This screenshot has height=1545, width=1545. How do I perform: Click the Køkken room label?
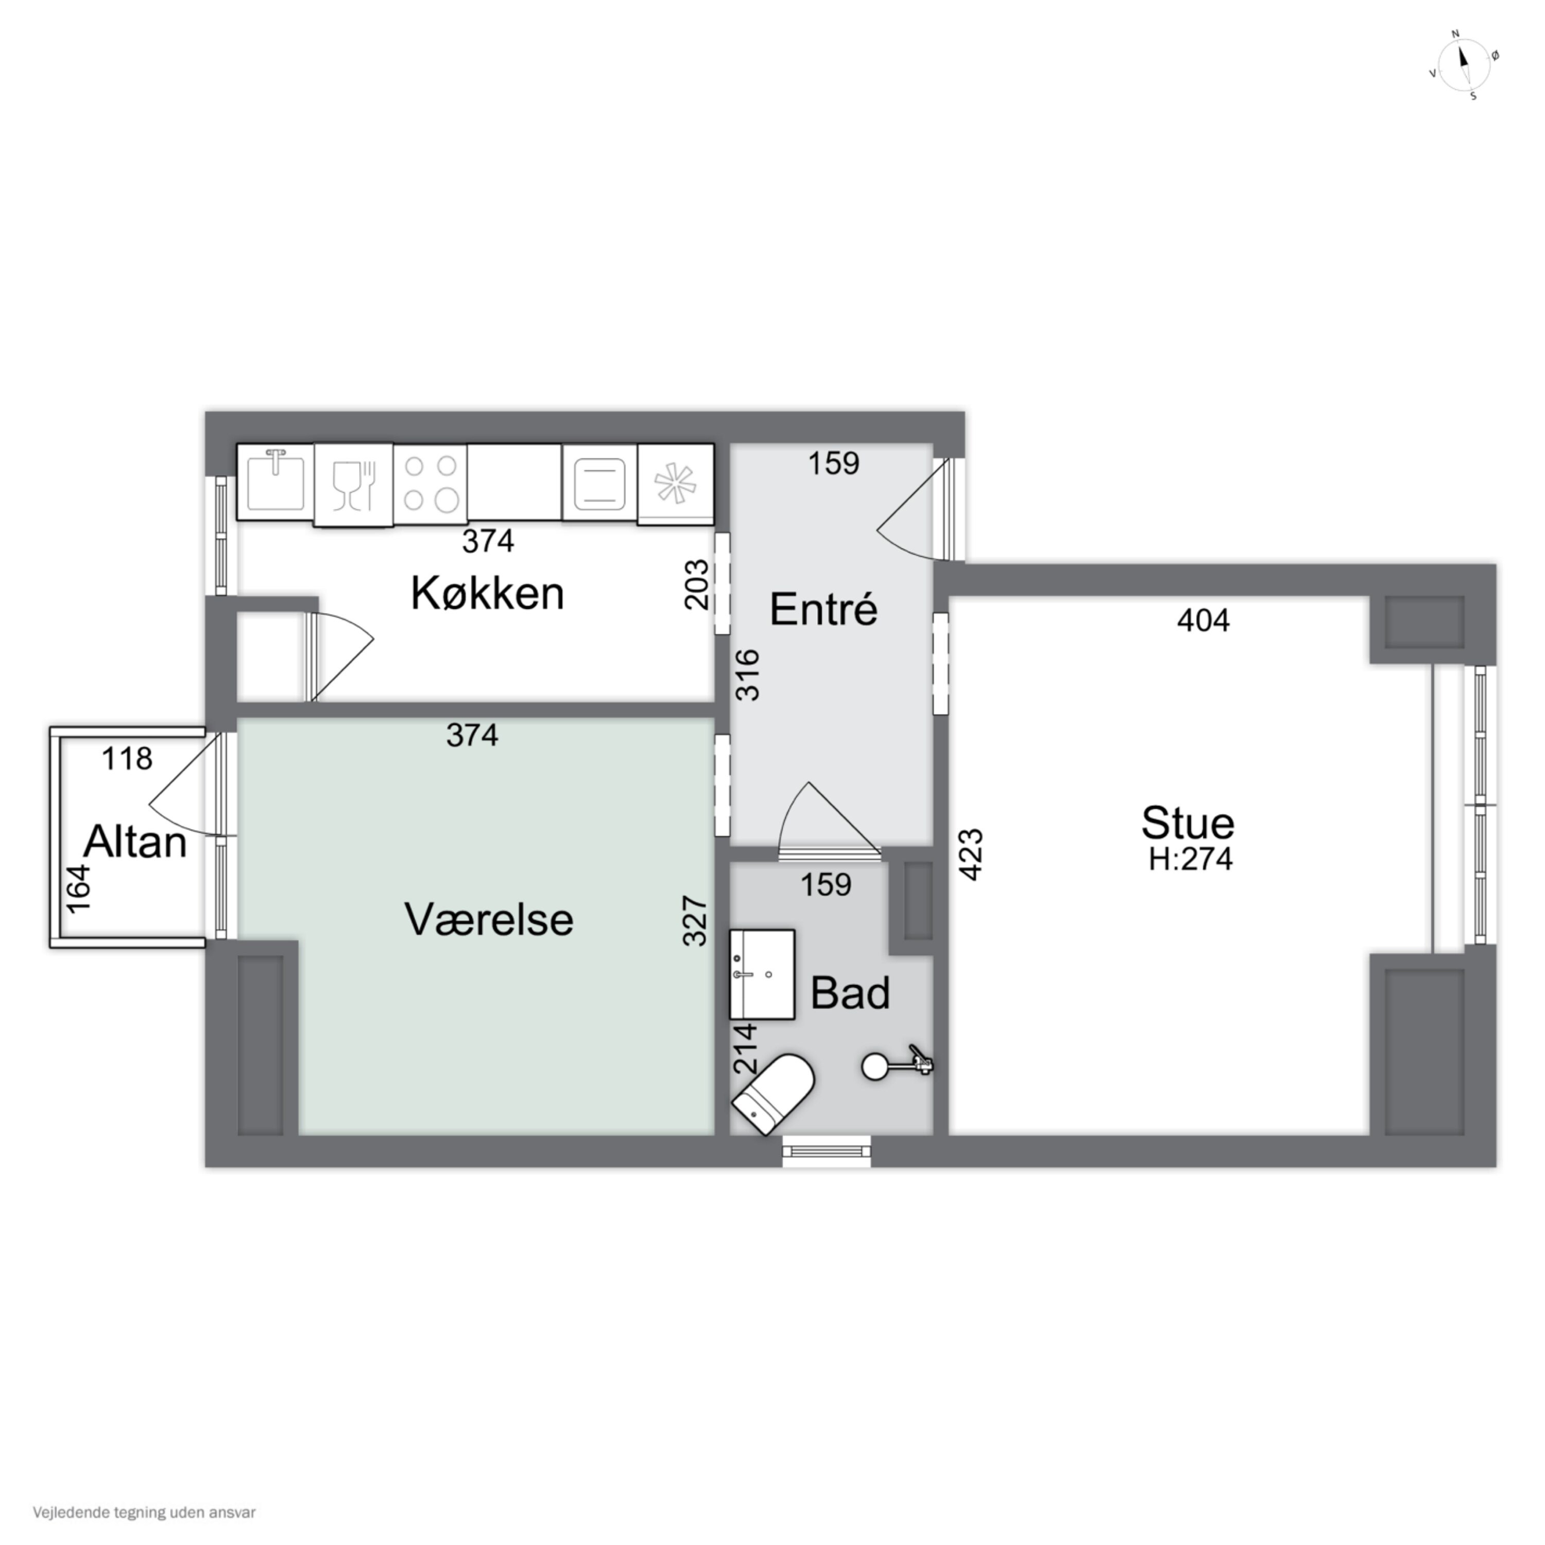487,593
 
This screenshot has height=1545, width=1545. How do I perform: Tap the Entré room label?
823,609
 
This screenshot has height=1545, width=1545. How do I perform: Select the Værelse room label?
489,920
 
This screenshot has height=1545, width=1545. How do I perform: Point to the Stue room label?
1188,823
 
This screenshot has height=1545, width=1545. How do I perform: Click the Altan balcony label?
135,842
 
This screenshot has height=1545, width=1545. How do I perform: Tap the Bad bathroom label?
850,993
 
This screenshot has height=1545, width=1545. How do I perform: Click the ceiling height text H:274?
1191,859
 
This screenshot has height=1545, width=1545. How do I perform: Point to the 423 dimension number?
970,855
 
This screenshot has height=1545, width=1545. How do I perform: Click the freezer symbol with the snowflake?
676,484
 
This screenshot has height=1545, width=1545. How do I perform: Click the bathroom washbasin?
761,974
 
